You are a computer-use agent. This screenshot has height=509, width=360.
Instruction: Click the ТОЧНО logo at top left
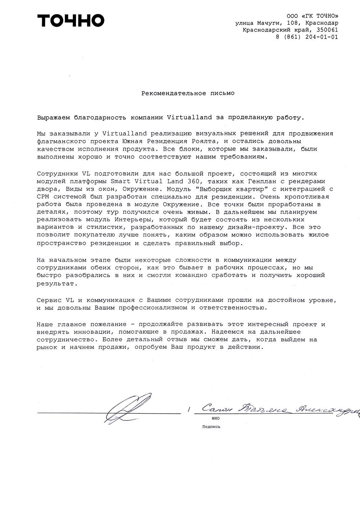(x=71, y=21)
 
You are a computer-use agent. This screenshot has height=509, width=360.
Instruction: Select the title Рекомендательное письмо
(x=188, y=93)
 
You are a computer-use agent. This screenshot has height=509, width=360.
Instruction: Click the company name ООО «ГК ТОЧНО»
(x=312, y=16)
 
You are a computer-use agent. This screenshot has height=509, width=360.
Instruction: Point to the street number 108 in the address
(x=294, y=23)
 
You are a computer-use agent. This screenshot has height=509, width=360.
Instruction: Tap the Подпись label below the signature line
(x=211, y=427)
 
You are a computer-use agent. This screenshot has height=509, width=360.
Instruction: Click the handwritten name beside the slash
(x=280, y=409)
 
